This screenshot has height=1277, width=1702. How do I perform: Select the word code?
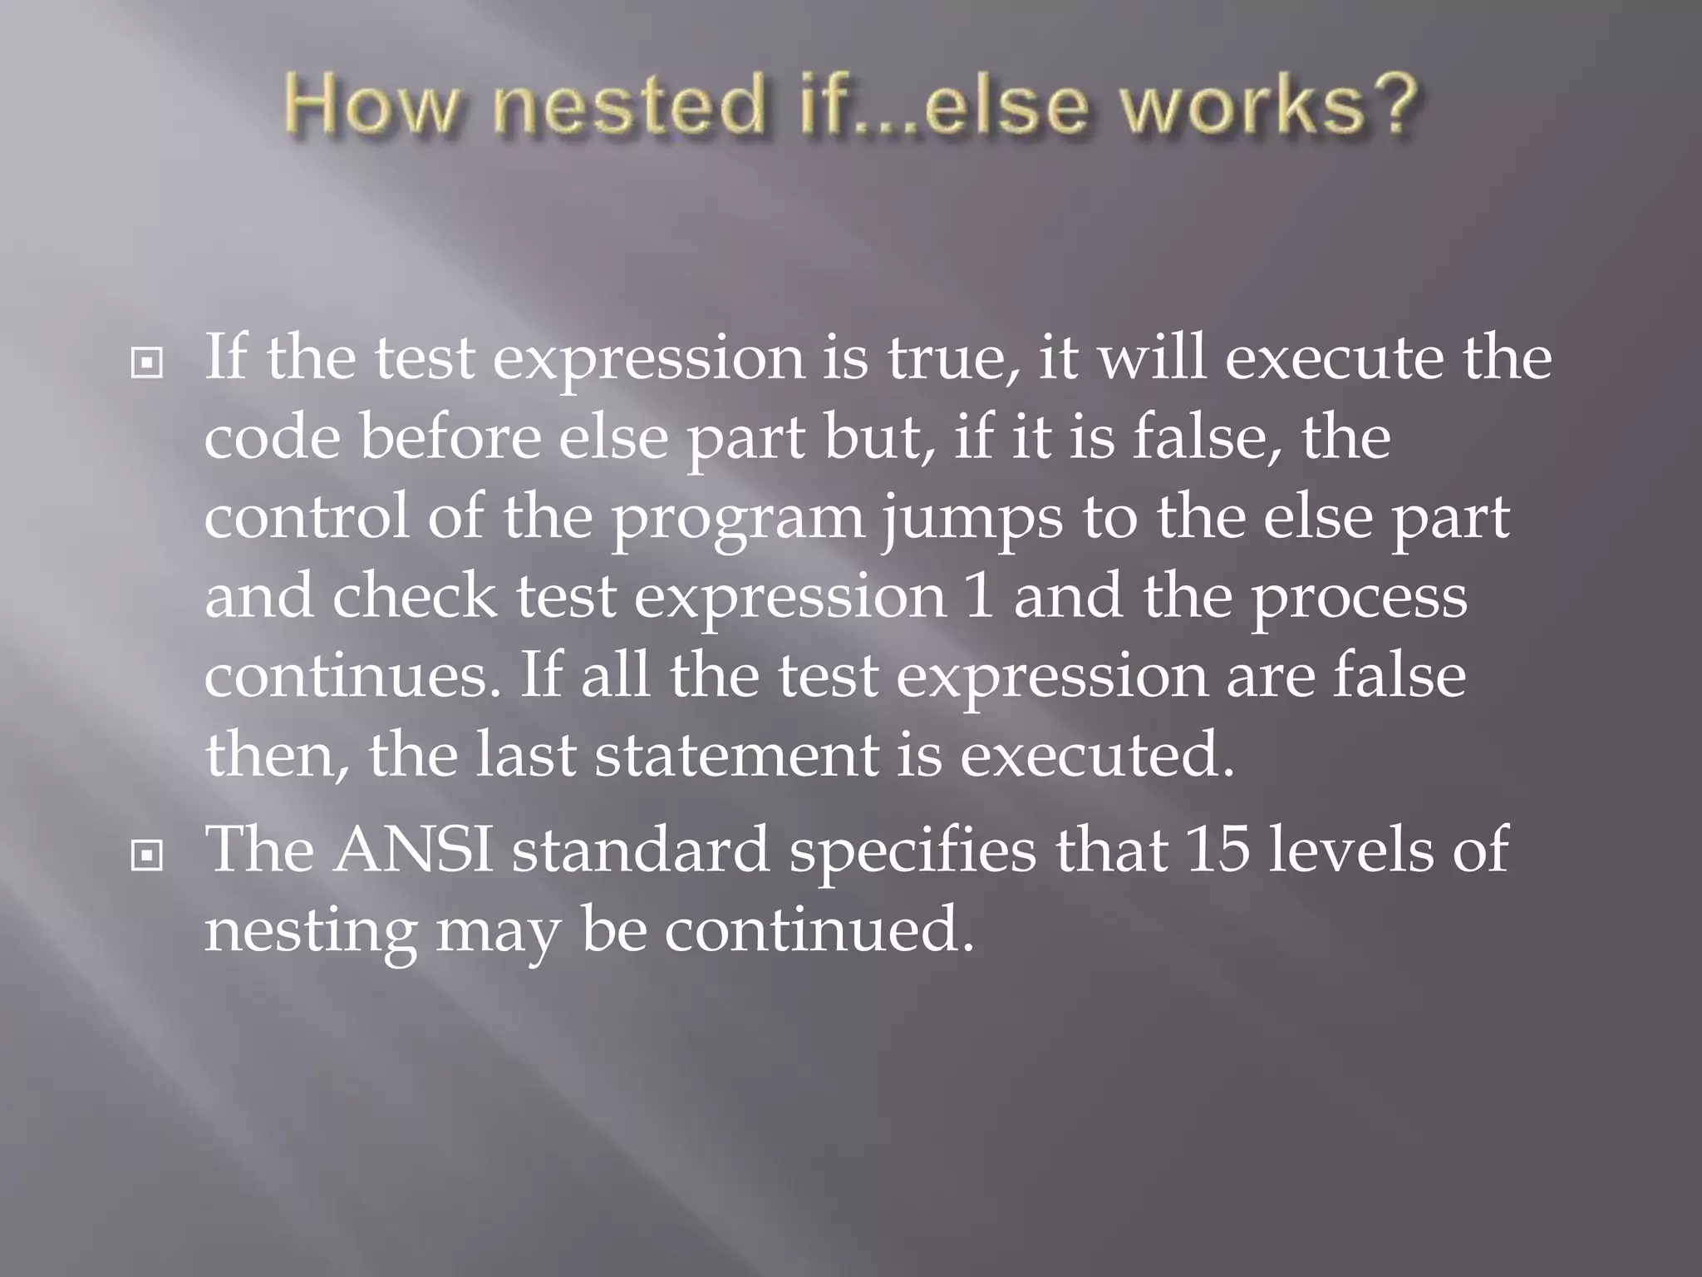point(272,438)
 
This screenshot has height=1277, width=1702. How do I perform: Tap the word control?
point(307,517)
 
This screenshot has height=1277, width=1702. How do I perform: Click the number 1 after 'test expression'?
point(981,596)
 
